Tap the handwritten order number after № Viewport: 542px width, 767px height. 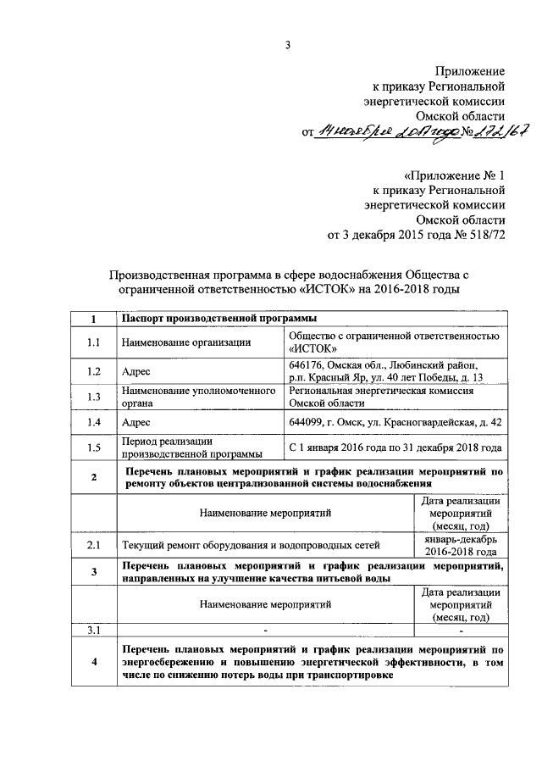click(501, 131)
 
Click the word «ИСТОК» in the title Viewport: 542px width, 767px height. click(318, 289)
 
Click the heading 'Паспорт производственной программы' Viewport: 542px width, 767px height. click(219, 319)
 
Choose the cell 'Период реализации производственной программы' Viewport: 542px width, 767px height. click(191, 447)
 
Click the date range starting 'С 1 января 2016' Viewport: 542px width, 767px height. click(395, 447)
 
